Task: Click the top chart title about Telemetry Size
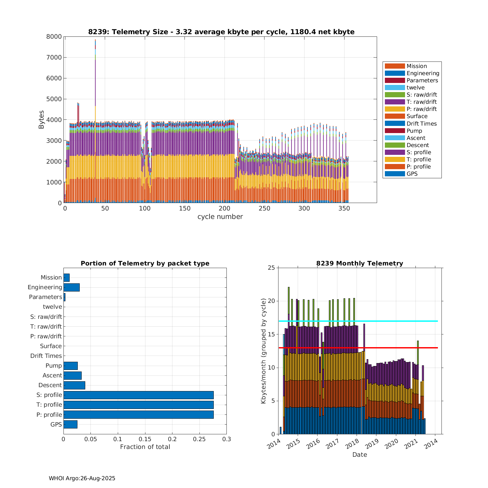point(221,32)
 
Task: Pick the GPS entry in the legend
point(412,174)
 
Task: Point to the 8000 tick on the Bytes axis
point(54,36)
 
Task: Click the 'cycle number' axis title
point(220,217)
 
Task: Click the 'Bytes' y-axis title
point(41,120)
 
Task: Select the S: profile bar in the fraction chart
point(138,395)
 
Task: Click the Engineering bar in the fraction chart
point(72,287)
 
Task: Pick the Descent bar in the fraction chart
point(74,385)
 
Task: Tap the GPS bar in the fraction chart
point(70,424)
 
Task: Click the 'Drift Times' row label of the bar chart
point(46,356)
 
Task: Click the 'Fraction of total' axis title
point(145,447)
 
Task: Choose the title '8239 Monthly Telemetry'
point(359,264)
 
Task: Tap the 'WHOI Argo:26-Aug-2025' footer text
point(82,478)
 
